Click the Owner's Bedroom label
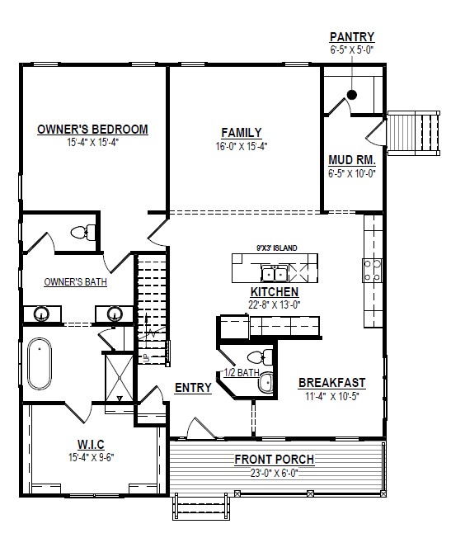click(x=92, y=130)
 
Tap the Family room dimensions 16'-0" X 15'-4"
click(x=242, y=147)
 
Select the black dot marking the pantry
click(x=352, y=95)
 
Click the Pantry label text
click(x=352, y=36)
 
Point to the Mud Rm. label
click(x=352, y=160)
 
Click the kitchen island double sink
click(x=275, y=274)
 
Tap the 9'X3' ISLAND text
click(x=277, y=248)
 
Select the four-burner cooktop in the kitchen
click(x=373, y=270)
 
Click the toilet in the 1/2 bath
click(x=260, y=356)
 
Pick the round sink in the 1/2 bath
click(x=265, y=383)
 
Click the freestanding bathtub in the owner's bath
click(x=40, y=364)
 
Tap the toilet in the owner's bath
click(x=83, y=233)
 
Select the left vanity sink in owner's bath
click(x=41, y=314)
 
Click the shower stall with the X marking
click(x=119, y=377)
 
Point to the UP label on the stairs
click(x=146, y=359)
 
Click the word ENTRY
click(x=193, y=388)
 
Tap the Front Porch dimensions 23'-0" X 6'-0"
click(x=275, y=474)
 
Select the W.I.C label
click(x=91, y=444)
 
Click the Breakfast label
click(x=332, y=383)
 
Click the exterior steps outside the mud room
click(x=414, y=133)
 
